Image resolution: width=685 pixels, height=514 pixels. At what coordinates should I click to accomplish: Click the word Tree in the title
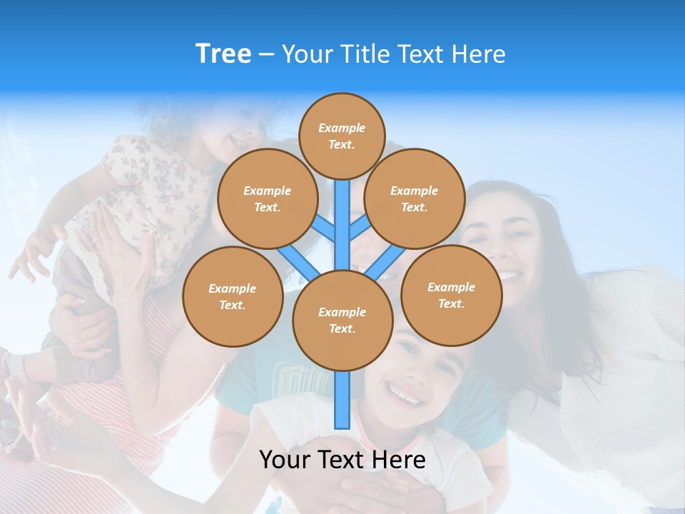pyautogui.click(x=223, y=54)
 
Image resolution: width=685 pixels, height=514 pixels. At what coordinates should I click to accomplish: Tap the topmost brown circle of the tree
pyautogui.click(x=342, y=136)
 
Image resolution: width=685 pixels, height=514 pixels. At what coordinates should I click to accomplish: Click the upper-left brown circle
pyautogui.click(x=267, y=198)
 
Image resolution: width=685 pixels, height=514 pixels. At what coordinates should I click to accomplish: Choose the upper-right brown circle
pyautogui.click(x=415, y=198)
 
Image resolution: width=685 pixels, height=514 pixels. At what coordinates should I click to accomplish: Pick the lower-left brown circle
pyautogui.click(x=233, y=296)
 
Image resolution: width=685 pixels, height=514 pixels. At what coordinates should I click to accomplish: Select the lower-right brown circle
pyautogui.click(x=451, y=295)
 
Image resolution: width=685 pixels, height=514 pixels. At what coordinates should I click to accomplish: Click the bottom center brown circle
pyautogui.click(x=342, y=320)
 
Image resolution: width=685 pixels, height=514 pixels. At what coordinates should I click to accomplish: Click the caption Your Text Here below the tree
pyautogui.click(x=342, y=460)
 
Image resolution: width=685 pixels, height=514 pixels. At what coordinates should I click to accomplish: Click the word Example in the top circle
pyautogui.click(x=342, y=128)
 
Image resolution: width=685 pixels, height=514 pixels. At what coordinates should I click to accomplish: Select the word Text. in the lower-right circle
pyautogui.click(x=451, y=303)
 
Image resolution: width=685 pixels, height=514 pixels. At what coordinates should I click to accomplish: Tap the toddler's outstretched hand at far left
pyautogui.click(x=25, y=261)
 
